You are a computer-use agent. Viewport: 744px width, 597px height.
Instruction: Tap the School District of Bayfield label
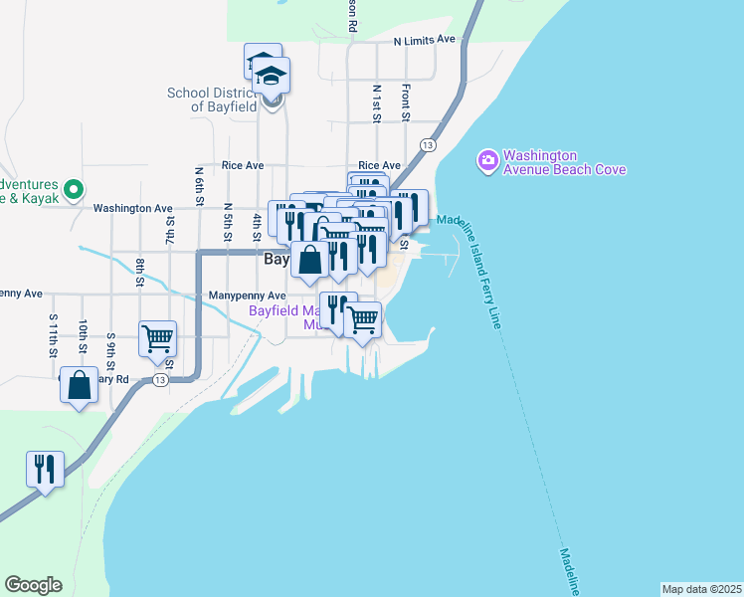[x=213, y=99]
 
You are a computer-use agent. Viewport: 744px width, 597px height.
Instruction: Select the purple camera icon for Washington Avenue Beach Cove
[x=487, y=160]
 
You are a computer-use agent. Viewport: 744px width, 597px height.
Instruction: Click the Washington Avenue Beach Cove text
[x=564, y=162]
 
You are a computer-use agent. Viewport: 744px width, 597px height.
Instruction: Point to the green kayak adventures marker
[x=73, y=188]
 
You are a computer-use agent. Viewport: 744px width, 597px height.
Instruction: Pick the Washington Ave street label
[x=132, y=209]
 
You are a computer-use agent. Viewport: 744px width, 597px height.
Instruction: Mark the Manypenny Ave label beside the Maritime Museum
[x=248, y=296]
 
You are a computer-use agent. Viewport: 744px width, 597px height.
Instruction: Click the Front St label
[x=406, y=102]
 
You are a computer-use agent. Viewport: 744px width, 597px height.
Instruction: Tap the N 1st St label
[x=377, y=102]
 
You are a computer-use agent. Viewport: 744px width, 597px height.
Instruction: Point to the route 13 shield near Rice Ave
[x=428, y=145]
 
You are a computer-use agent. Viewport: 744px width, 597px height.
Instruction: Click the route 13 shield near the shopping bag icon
[x=159, y=380]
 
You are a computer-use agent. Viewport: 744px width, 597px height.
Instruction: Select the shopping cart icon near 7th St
[x=158, y=339]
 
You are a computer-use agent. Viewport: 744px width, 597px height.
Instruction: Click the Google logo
[x=33, y=585]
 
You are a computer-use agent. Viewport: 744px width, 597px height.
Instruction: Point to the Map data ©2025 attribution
[x=701, y=588]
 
